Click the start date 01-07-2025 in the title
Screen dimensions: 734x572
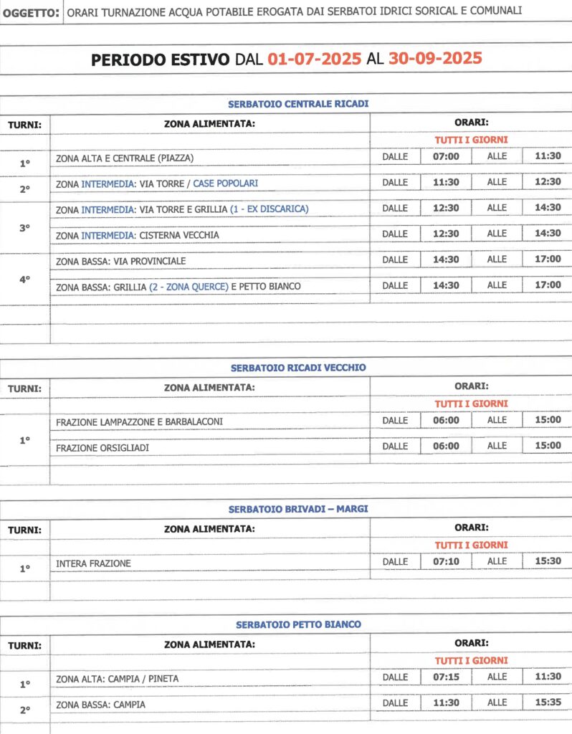coord(314,59)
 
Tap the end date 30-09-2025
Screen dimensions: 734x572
coord(435,59)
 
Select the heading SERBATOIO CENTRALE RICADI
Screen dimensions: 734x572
coord(298,105)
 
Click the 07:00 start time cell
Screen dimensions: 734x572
coord(446,156)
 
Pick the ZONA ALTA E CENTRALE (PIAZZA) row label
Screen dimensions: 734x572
coord(125,158)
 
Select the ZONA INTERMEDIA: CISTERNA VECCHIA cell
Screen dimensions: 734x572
coord(138,235)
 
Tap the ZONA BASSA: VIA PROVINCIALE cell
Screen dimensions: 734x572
coord(120,261)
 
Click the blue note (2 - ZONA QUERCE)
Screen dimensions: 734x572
coord(189,287)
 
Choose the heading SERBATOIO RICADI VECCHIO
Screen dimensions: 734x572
coord(298,368)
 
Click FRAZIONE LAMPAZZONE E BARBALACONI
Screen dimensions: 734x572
coord(139,422)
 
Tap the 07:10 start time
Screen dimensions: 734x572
coord(446,562)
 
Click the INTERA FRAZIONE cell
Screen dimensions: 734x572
coord(93,564)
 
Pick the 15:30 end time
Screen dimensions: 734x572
coord(548,562)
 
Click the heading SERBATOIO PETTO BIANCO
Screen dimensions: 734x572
coord(298,625)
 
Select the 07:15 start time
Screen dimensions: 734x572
coord(446,677)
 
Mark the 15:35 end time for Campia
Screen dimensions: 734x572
coord(548,702)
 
